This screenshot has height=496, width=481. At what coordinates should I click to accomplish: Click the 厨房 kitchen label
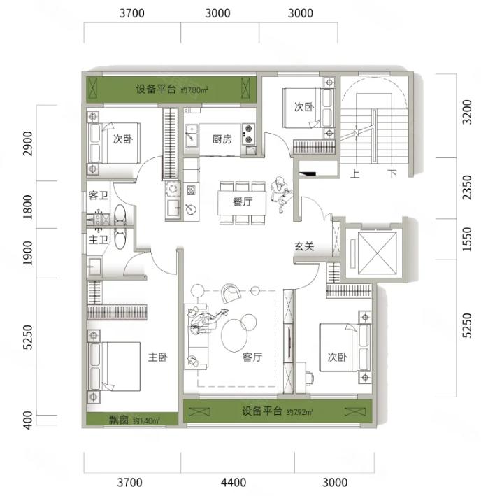click(x=222, y=139)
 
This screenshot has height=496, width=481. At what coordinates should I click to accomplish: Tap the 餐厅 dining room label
click(x=243, y=201)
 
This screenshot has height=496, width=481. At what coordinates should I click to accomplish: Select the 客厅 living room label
click(x=252, y=357)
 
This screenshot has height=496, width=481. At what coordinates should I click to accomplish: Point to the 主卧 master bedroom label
click(x=158, y=357)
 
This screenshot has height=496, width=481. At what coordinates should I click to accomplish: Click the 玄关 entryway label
click(x=304, y=246)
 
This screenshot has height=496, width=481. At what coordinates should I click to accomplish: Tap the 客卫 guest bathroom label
click(x=99, y=195)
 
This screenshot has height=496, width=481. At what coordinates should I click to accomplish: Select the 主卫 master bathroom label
click(x=99, y=240)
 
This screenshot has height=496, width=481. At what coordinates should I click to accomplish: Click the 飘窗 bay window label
click(x=119, y=420)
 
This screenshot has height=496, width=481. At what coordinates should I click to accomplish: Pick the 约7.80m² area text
click(x=194, y=90)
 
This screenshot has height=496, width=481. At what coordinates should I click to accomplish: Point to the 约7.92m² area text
click(x=300, y=412)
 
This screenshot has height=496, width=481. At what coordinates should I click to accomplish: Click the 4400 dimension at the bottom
click(x=234, y=483)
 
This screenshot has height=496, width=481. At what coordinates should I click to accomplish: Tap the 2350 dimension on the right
click(x=467, y=187)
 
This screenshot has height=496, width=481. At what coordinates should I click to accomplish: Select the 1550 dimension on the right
click(x=467, y=239)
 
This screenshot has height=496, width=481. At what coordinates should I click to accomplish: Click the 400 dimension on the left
click(x=28, y=420)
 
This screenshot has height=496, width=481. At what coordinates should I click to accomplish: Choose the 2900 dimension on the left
click(x=28, y=143)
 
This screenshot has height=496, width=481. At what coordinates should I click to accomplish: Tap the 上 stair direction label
click(x=355, y=173)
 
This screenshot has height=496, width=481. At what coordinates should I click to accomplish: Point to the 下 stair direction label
click(x=392, y=173)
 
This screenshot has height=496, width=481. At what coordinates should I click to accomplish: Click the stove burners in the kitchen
click(x=248, y=134)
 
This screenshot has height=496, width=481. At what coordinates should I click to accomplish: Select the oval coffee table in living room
click(x=234, y=336)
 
